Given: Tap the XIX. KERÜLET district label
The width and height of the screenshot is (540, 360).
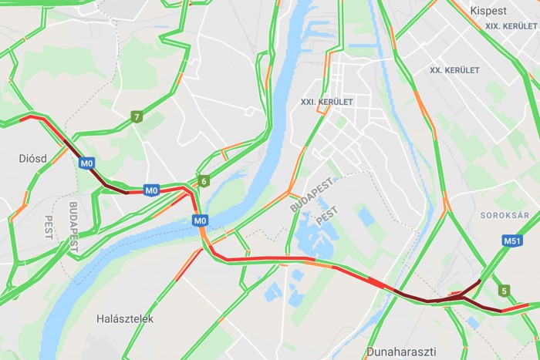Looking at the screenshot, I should click(511, 27).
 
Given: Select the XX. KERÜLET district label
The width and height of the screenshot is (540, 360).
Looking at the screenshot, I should click(454, 70).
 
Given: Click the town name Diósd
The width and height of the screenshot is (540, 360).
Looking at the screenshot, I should click(33, 158).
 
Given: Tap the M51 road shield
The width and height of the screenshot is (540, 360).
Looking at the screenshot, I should click(512, 241).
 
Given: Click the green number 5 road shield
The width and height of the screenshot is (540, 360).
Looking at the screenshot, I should click(504, 291).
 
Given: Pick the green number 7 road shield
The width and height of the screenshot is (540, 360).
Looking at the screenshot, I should click(137, 117).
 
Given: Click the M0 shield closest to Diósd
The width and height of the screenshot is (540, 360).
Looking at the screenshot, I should click(87, 163).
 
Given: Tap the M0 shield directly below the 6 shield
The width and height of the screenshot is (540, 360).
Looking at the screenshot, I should click(200, 221).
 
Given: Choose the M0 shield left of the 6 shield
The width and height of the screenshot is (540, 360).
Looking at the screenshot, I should click(151, 190).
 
